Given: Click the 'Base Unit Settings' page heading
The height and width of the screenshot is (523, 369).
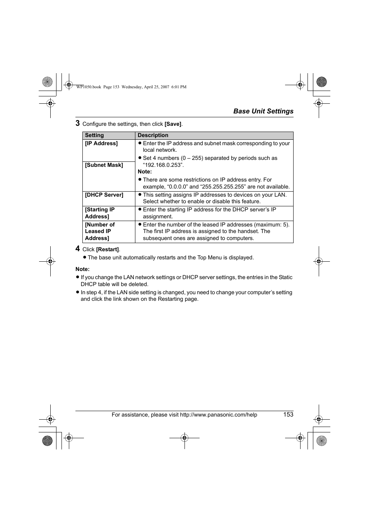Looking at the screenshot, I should pos(263,111).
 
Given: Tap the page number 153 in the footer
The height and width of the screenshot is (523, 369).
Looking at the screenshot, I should pos(288,414).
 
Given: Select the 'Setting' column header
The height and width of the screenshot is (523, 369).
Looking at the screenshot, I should pos(94,135).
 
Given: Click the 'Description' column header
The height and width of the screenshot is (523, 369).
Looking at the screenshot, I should pos(153,135).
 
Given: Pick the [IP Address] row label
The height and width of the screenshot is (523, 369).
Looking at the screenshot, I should pos(101,143).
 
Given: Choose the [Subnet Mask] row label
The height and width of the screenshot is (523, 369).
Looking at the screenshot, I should pos(104,165).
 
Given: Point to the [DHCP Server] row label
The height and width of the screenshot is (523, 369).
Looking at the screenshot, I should pos(104,195).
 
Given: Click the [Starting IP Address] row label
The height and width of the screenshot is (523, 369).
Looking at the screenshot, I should pos(100,213).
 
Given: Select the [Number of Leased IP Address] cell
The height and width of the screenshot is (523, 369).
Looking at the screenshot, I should pos(100,231).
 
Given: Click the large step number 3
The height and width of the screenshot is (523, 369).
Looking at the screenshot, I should pos(78,123).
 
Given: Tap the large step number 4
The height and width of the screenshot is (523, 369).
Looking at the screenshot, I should pos(78,249).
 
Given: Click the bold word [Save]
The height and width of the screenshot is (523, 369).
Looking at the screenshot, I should pos(173,124).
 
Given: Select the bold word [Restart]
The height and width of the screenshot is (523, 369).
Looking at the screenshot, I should pos(107,250).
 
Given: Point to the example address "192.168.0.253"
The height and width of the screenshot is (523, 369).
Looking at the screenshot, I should pos(163,165).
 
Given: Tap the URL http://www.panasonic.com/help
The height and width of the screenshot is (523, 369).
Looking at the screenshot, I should pos(219,415).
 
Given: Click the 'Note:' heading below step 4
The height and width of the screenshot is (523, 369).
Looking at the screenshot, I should pos(82,269).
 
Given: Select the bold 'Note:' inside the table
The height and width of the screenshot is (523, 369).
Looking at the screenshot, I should pos(145,171).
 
